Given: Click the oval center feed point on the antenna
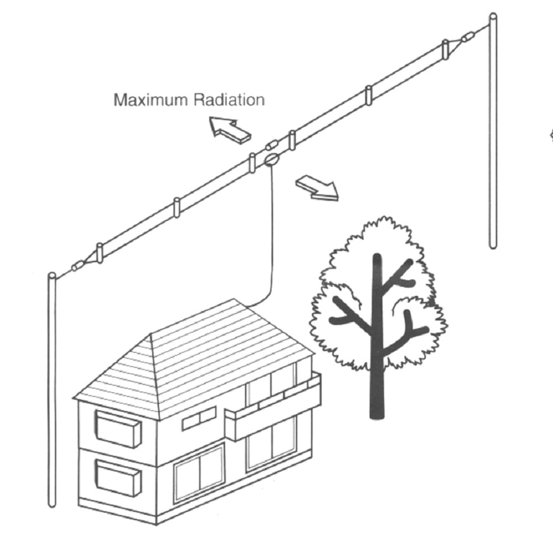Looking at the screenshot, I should [x=270, y=160].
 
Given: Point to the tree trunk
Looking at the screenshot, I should [x=377, y=376].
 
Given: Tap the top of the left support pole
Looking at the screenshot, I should [x=52, y=276].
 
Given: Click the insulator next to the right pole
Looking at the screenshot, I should [x=467, y=38].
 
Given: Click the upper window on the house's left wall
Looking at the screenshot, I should [x=117, y=429].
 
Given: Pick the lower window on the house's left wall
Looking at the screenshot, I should [x=117, y=477].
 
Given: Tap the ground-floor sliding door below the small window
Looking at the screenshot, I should [x=199, y=473].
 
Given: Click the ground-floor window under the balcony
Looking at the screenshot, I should [x=271, y=442].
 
